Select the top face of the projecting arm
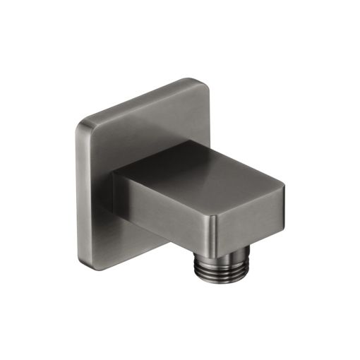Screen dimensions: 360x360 click(x=205, y=167)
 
